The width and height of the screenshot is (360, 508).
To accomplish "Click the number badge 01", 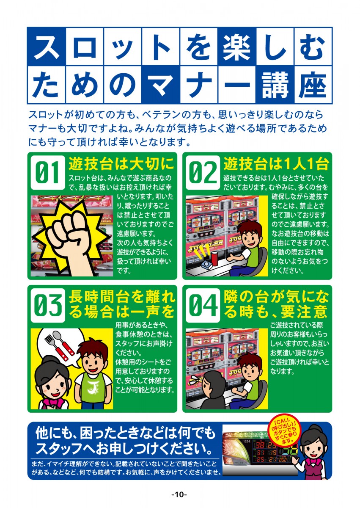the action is [48, 172].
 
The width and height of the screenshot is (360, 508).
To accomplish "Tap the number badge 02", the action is [203, 172].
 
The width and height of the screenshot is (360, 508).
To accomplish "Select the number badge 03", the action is [48, 305].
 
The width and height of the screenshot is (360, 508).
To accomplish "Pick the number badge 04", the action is [203, 305].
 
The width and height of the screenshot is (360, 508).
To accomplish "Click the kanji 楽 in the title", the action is [236, 47].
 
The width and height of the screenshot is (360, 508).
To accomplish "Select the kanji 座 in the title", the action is [313, 85].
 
